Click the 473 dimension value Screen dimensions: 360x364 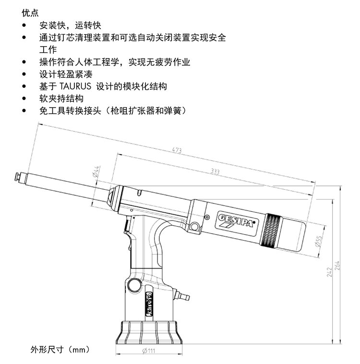[177, 150]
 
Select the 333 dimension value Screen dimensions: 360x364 [215, 171]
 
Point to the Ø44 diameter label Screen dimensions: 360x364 [96, 171]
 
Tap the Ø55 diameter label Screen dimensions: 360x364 [319, 241]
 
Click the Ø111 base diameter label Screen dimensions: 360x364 [149, 351]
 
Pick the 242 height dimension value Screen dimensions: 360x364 [329, 272]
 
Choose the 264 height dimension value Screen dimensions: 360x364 [337, 266]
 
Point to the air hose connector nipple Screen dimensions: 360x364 [183, 296]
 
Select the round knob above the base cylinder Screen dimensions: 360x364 [134, 285]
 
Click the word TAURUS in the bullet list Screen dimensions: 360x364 [75, 86]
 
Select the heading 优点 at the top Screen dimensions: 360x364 [30, 13]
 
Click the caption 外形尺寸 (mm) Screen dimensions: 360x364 [60, 349]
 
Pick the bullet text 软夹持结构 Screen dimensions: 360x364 [61, 98]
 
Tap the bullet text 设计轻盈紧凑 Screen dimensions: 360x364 [66, 74]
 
